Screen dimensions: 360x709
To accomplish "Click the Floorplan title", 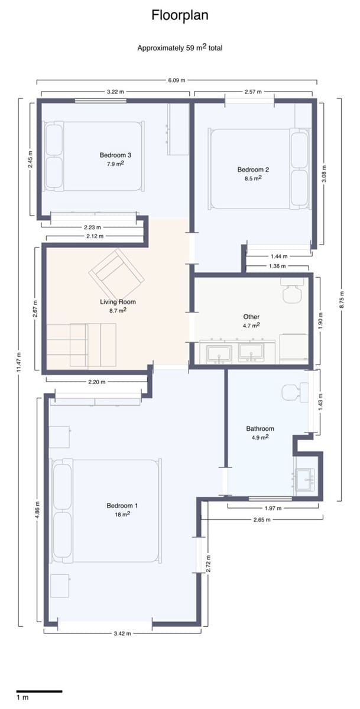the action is (x=180, y=15).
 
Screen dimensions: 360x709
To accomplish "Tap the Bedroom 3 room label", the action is (x=115, y=155).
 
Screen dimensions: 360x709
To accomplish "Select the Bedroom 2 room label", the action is (x=253, y=170).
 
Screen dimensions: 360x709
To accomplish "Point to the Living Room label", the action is (x=118, y=302).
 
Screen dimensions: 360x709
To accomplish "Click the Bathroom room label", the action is (x=260, y=428).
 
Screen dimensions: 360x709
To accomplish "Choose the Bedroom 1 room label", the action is (x=122, y=506).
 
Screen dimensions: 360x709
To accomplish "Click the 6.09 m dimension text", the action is (x=176, y=80).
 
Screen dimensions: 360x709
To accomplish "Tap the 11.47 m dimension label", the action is (x=19, y=362).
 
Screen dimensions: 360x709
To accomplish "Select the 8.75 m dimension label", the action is (x=341, y=300).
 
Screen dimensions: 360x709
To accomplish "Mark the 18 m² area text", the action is (x=122, y=515).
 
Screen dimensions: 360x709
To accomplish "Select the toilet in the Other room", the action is (x=292, y=290).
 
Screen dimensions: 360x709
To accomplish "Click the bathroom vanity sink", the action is (x=305, y=480).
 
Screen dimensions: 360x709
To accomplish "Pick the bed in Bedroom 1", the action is (x=106, y=510).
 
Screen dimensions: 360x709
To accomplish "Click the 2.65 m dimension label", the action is (x=262, y=520).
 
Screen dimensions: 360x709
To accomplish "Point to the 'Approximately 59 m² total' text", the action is (x=180, y=48).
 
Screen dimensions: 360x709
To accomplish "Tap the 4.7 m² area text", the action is (x=251, y=326).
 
